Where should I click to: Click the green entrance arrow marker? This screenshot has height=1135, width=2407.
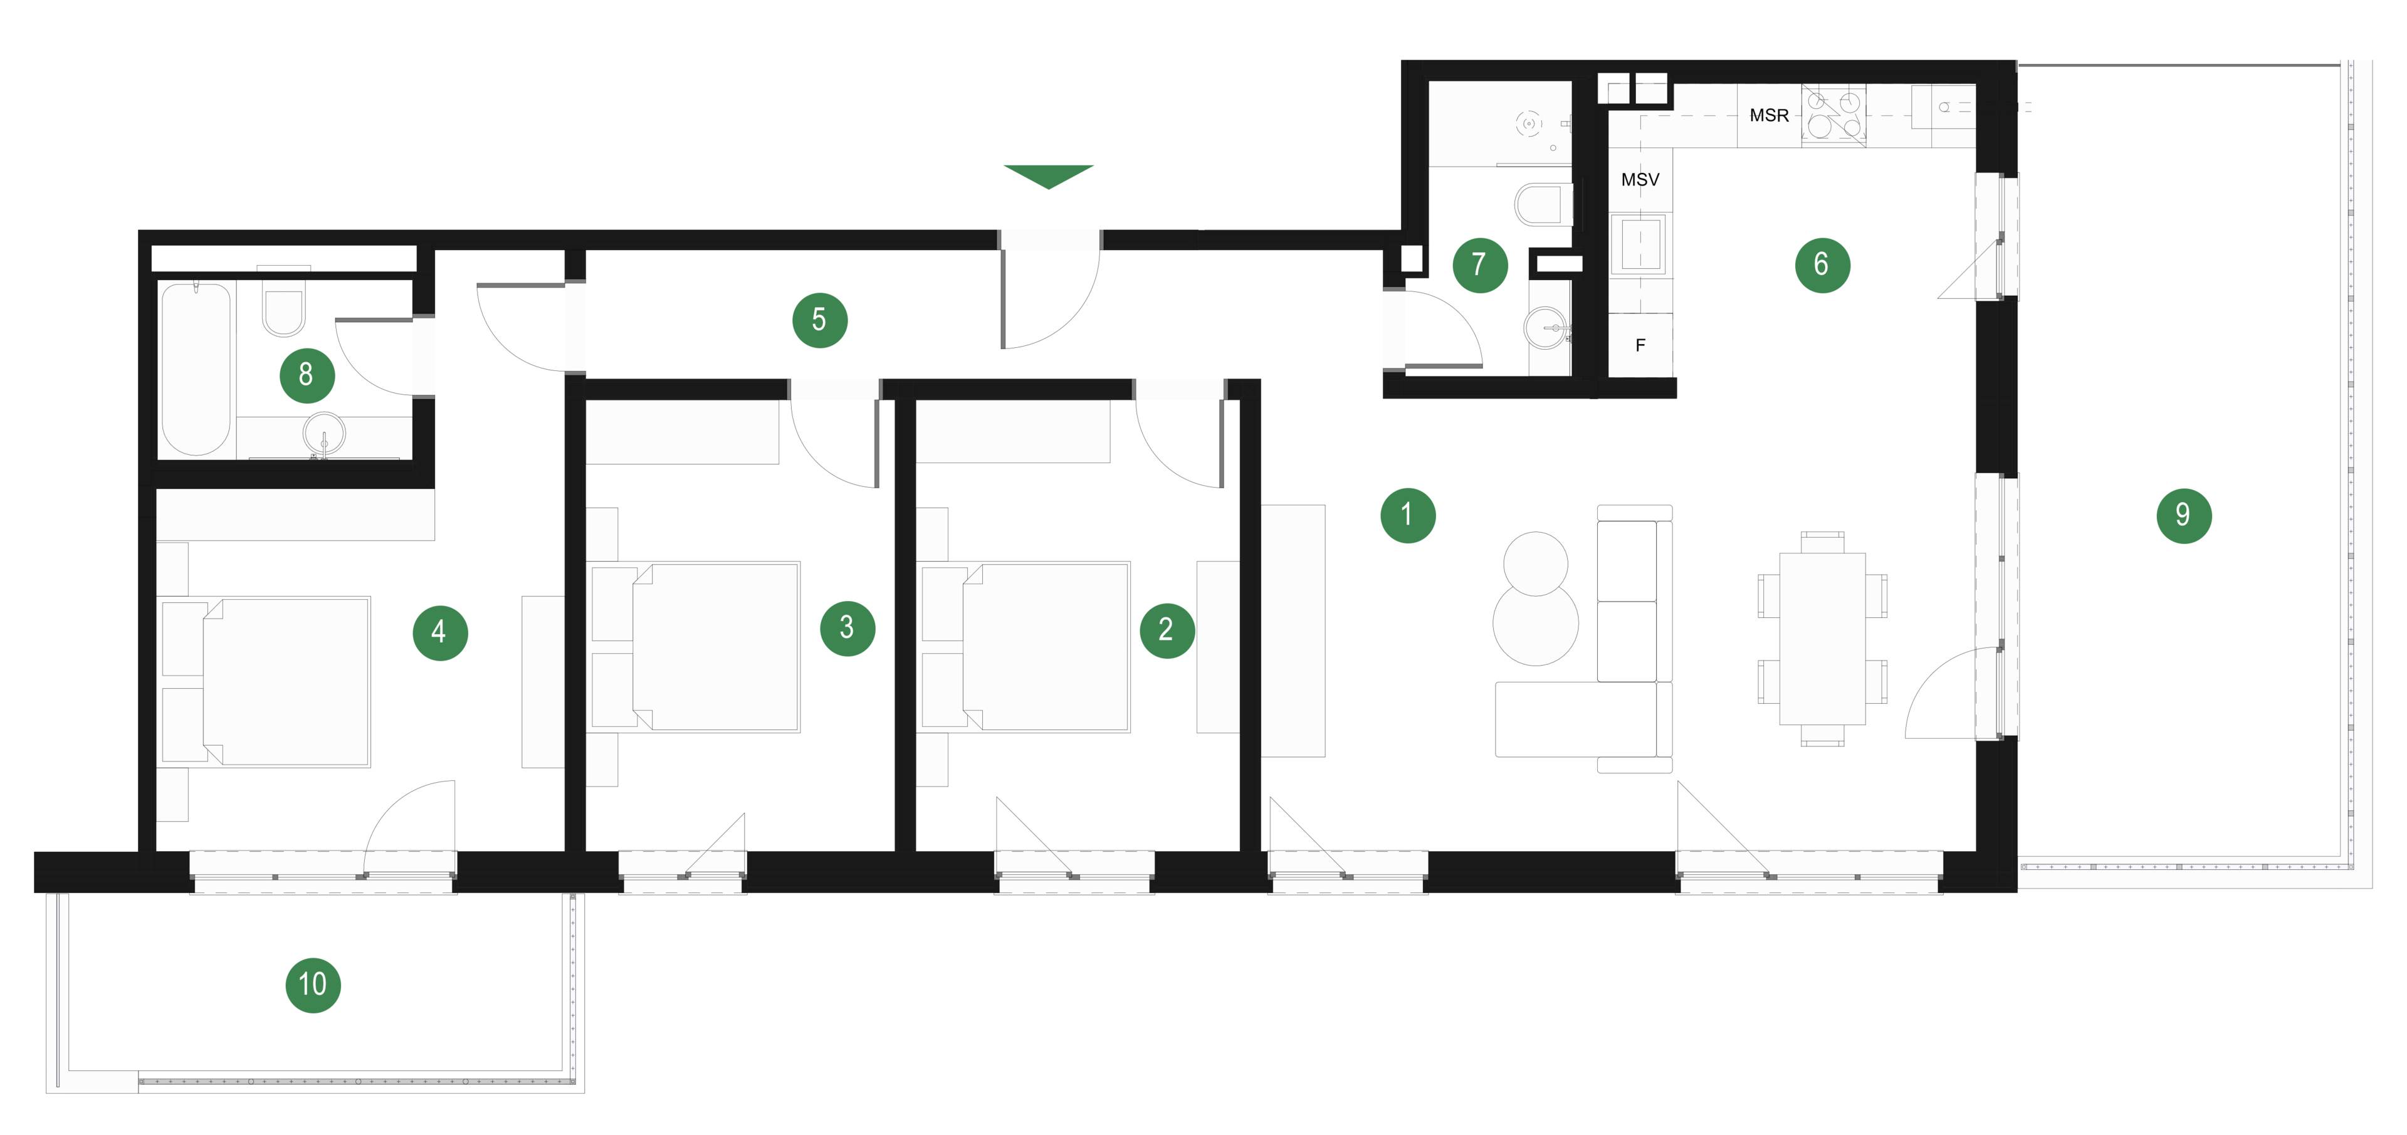(x=1049, y=175)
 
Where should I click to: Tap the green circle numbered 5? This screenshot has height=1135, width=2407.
(x=819, y=320)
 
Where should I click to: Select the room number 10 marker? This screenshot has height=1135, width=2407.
(x=313, y=985)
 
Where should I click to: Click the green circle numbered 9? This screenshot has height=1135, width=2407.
(x=2184, y=515)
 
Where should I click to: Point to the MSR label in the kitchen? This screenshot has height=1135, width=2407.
(x=1769, y=115)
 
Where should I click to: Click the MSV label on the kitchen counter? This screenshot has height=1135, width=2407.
(x=1640, y=179)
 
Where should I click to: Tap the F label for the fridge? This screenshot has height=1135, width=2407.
(x=1640, y=345)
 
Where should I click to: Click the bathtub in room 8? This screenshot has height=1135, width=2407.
(x=196, y=369)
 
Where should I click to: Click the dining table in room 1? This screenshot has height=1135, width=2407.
(x=1822, y=639)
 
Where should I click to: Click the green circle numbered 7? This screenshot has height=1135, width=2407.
(x=1480, y=265)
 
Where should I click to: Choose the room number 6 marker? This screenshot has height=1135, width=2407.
(x=1822, y=265)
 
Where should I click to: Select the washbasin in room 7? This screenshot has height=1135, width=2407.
(x=1546, y=328)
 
